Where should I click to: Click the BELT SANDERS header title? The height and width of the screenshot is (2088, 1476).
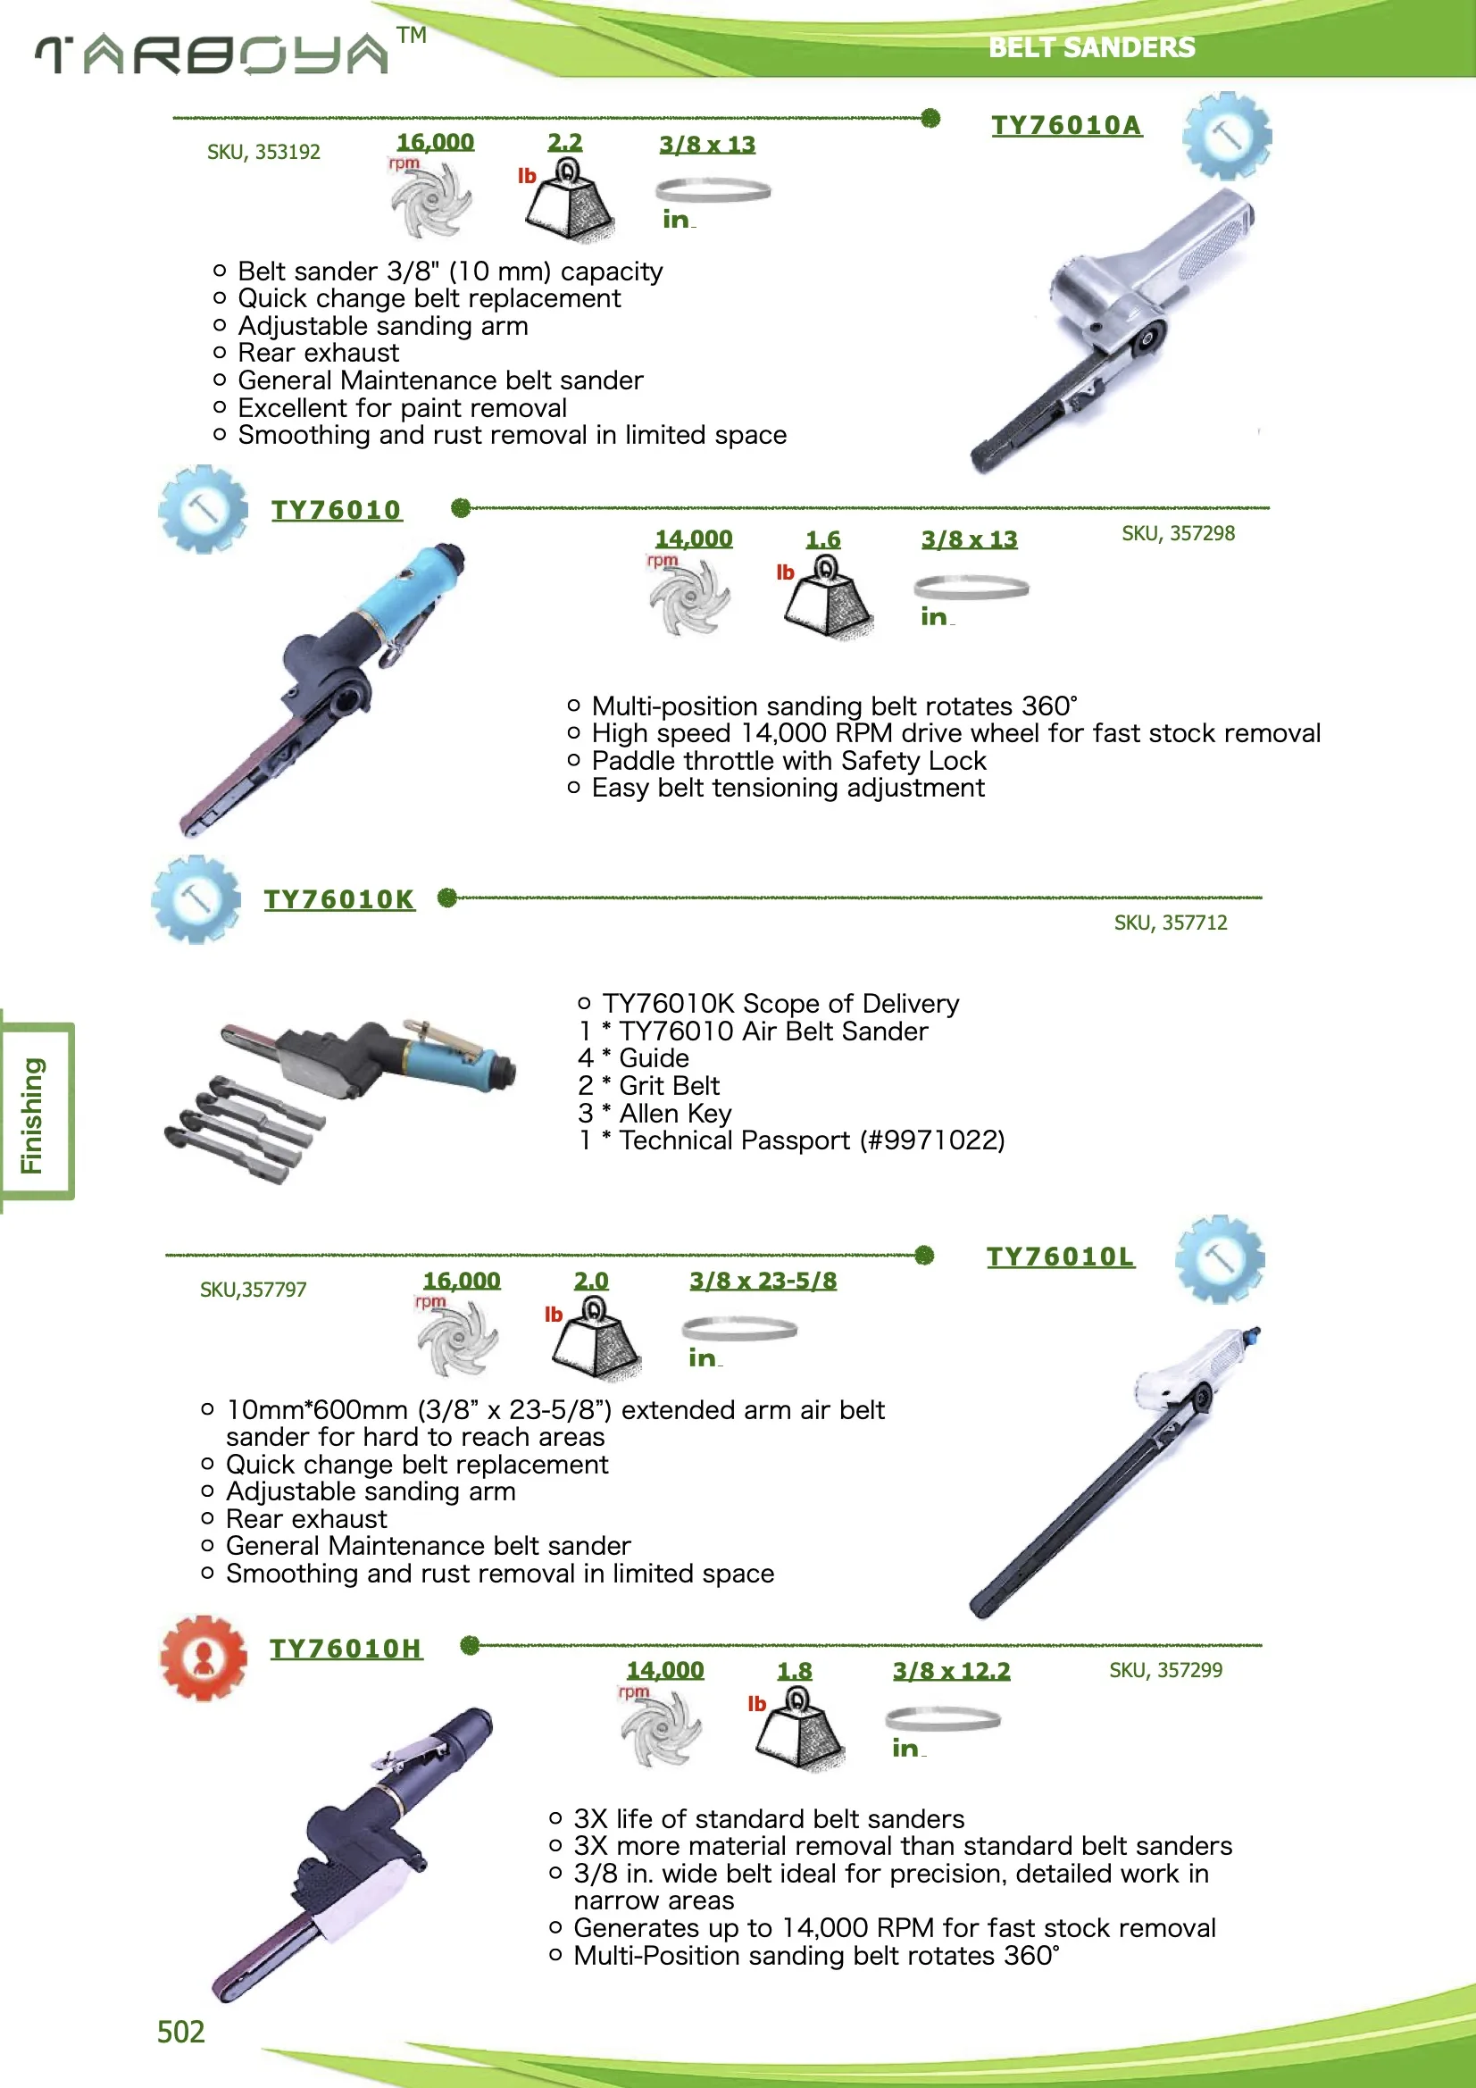[1090, 47]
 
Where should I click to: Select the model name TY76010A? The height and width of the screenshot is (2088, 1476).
[1065, 126]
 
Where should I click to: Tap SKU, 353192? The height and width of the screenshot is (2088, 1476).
[263, 152]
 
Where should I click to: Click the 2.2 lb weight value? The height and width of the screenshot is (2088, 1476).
[563, 143]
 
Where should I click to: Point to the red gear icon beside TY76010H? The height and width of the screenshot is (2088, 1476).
[203, 1657]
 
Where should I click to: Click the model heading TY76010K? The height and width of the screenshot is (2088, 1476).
[338, 899]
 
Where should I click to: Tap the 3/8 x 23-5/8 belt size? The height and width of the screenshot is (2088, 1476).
[762, 1281]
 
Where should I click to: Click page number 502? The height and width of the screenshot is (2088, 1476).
[181, 2032]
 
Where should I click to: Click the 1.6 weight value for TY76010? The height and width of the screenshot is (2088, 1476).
[822, 539]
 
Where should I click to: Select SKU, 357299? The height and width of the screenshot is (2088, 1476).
[1165, 1670]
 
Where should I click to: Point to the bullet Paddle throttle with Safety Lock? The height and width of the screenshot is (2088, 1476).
[788, 760]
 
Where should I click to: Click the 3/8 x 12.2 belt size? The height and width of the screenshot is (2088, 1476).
[950, 1671]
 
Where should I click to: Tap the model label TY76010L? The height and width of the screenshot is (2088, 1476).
[1060, 1257]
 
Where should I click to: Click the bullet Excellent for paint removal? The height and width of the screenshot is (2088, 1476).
[401, 407]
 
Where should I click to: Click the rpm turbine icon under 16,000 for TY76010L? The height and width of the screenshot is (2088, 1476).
[458, 1338]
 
